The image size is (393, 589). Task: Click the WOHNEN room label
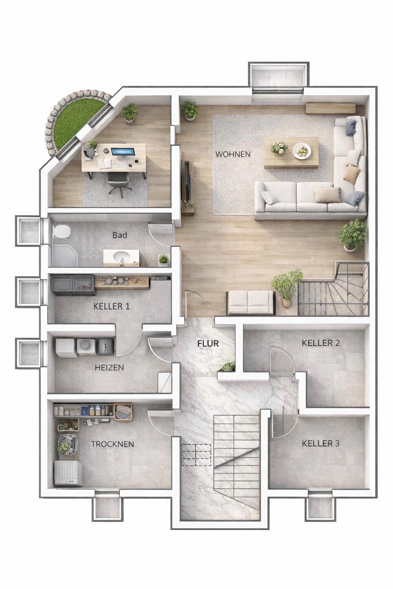[x=233, y=154]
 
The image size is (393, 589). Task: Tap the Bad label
[x=120, y=235]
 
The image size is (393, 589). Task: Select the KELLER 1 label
[x=112, y=306]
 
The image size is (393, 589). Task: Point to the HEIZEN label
[x=109, y=367]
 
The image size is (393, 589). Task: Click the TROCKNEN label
[x=112, y=444]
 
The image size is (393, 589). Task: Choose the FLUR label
[x=208, y=344]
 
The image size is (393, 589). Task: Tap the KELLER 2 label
[x=321, y=343]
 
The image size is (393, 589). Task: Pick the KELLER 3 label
[x=321, y=443]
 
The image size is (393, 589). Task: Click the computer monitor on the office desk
[x=123, y=153]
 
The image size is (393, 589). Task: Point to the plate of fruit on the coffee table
[x=302, y=151]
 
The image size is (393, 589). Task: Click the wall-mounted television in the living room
[x=187, y=181]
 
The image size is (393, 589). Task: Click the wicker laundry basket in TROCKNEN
[x=123, y=412]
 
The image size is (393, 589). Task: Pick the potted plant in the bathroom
[x=163, y=260]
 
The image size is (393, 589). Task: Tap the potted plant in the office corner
[x=129, y=113]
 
